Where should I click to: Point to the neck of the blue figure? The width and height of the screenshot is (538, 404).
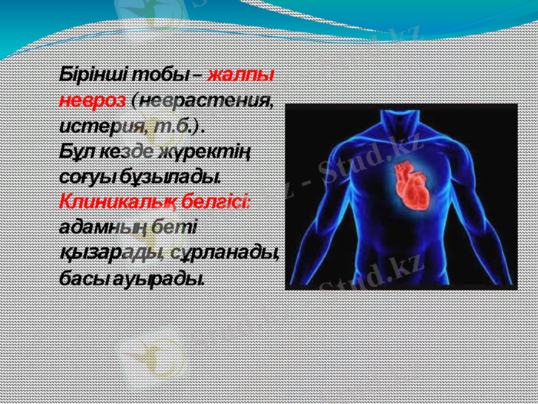(x=401, y=123)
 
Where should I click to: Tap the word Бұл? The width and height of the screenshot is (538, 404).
(x=74, y=151)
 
